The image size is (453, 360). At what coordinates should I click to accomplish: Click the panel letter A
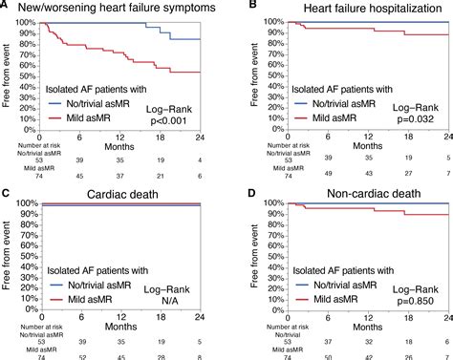(6, 7)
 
